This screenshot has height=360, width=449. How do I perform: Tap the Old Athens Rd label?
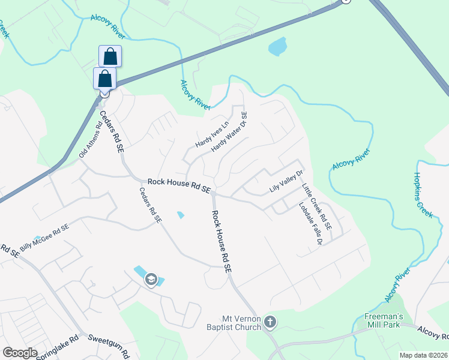point(91,138)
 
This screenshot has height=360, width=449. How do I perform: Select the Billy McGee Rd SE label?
point(44,238)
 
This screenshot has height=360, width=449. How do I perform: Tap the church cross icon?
point(270,323)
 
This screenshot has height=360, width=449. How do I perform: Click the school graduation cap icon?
point(151,280)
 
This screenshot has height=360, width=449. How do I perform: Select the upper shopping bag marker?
point(110,56)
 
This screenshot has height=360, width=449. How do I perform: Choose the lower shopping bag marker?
point(105,79)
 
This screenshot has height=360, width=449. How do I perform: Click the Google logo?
point(20,353)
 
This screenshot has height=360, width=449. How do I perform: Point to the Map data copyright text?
point(423,355)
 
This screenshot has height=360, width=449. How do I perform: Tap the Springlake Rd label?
point(55,344)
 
